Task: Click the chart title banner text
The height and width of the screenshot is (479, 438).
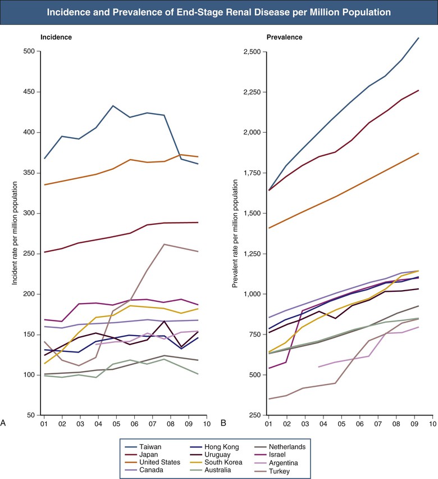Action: [219, 12]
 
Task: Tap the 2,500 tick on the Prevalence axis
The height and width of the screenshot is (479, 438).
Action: [247, 52]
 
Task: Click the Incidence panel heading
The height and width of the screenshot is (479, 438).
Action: [56, 37]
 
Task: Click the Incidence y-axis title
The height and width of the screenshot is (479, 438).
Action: [16, 233]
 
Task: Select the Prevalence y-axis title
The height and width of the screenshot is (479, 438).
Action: [236, 233]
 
